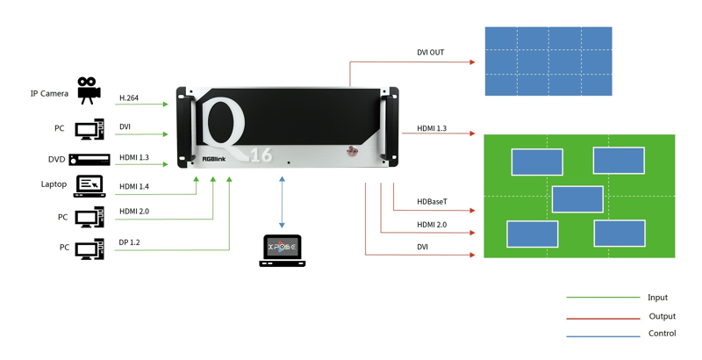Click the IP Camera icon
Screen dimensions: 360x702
point(88,90)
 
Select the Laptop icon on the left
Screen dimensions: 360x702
point(89,186)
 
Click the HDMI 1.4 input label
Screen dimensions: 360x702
point(134,185)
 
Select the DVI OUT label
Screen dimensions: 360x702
point(430,53)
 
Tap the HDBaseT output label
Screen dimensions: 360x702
point(432,202)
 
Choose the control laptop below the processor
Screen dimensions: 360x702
point(283,250)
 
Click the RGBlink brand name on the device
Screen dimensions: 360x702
point(214,159)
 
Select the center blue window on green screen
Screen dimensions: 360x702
point(577,199)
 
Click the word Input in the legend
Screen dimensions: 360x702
point(657,298)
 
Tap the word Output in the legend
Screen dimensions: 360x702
point(662,316)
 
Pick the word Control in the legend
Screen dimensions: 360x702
point(662,334)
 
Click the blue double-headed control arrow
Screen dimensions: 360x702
point(283,201)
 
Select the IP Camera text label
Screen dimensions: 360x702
point(49,93)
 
